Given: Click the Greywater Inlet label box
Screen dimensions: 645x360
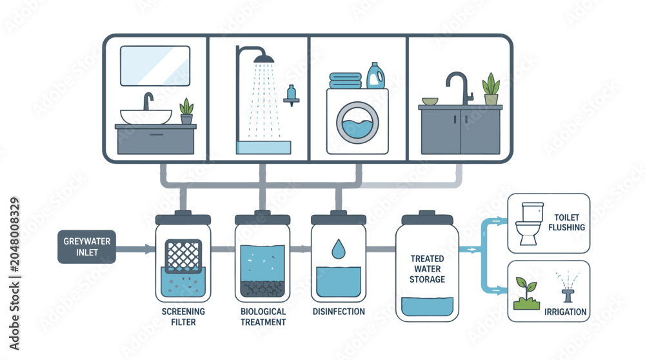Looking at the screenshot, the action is pyautogui.click(x=87, y=246).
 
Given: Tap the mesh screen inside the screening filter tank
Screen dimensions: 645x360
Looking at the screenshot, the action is pyautogui.click(x=183, y=256).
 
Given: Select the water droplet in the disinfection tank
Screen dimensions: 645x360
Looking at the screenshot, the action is pyautogui.click(x=338, y=248).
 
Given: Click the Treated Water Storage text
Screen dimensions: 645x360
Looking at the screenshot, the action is pyautogui.click(x=427, y=269).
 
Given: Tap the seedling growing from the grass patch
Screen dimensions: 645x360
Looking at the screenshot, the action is pyautogui.click(x=526, y=288).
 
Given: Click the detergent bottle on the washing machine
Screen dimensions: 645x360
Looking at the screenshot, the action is pyautogui.click(x=375, y=75).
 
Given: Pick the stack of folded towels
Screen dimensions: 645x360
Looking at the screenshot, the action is pyautogui.click(x=346, y=80).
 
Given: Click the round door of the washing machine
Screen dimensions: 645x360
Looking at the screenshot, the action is pyautogui.click(x=357, y=123).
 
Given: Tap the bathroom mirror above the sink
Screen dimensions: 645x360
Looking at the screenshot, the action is pyautogui.click(x=155, y=66).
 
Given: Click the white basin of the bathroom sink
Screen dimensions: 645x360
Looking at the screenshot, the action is pyautogui.click(x=146, y=116).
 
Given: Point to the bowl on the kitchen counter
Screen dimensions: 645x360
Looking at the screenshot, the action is pyautogui.click(x=430, y=101).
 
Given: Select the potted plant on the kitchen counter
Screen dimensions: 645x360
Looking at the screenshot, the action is pyautogui.click(x=491, y=89).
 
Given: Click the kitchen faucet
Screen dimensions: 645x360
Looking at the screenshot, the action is pyautogui.click(x=460, y=88).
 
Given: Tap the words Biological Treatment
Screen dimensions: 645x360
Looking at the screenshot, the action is pyautogui.click(x=263, y=317).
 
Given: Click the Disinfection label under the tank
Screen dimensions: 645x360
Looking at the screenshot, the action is pyautogui.click(x=339, y=312).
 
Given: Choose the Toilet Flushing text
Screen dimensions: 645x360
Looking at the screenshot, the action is pyautogui.click(x=566, y=222).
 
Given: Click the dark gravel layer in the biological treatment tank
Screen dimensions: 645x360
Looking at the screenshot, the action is pyautogui.click(x=262, y=288).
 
